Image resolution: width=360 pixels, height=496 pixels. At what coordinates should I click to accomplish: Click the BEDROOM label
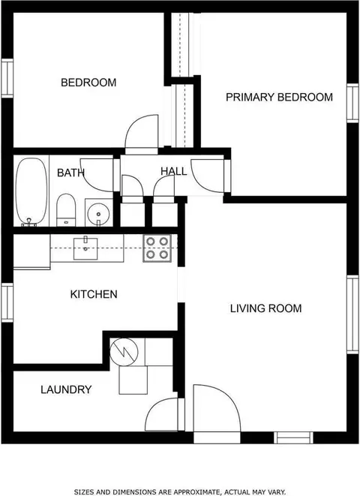(88, 83)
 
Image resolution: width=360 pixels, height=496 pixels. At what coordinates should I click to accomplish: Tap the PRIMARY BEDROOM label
(280, 97)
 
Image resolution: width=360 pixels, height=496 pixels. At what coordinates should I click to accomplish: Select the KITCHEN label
(94, 294)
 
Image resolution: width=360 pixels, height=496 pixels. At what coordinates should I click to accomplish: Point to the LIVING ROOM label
(265, 308)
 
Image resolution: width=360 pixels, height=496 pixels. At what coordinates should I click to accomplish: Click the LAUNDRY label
(66, 389)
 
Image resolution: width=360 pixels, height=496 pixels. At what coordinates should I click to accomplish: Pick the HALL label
(173, 171)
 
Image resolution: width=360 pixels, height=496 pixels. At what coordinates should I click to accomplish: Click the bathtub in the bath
(31, 191)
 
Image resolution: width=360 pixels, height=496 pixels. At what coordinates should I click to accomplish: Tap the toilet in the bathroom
(66, 210)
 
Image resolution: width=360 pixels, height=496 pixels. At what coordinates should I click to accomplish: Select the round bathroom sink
(98, 213)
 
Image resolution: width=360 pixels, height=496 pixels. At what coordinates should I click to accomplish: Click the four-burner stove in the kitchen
(157, 248)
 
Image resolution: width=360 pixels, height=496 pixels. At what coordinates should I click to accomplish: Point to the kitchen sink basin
(85, 248)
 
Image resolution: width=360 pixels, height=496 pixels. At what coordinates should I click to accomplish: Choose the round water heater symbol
(124, 352)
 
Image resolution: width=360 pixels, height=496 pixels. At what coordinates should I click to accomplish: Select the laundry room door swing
(152, 408)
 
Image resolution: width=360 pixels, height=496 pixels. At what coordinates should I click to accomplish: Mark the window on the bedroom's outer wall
(7, 78)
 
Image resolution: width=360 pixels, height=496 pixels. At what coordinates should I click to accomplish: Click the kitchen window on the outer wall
(7, 302)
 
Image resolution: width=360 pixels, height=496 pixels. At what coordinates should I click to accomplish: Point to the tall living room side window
(352, 314)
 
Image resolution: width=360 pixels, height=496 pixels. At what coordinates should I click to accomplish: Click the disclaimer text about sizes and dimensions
(180, 492)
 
